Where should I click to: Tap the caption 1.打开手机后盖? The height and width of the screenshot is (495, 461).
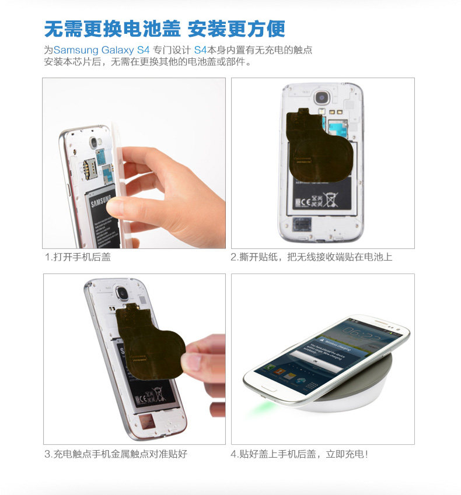point(78,257)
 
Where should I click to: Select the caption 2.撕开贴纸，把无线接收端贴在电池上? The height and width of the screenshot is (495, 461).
point(311,257)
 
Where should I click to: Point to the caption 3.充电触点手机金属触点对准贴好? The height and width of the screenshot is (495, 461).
point(116,454)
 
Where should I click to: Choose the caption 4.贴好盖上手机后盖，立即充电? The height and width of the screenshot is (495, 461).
point(299,454)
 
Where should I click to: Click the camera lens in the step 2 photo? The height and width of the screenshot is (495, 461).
point(322,97)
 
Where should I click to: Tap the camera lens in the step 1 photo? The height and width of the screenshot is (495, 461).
point(94,142)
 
